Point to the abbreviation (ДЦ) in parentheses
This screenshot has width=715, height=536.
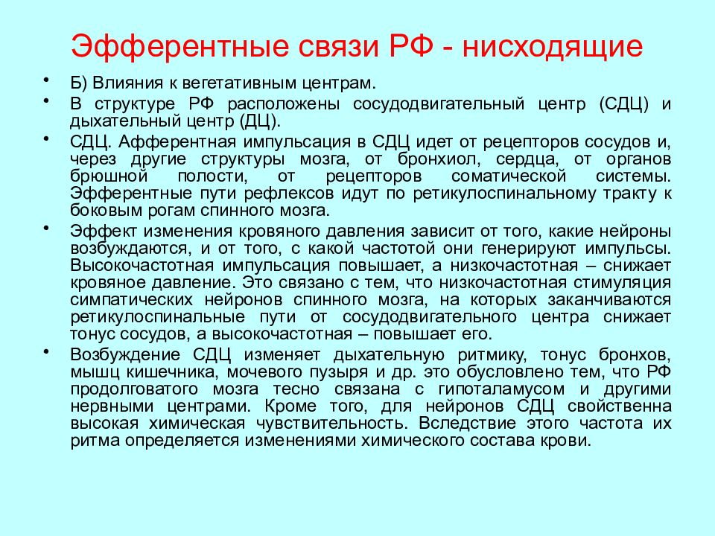258,119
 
